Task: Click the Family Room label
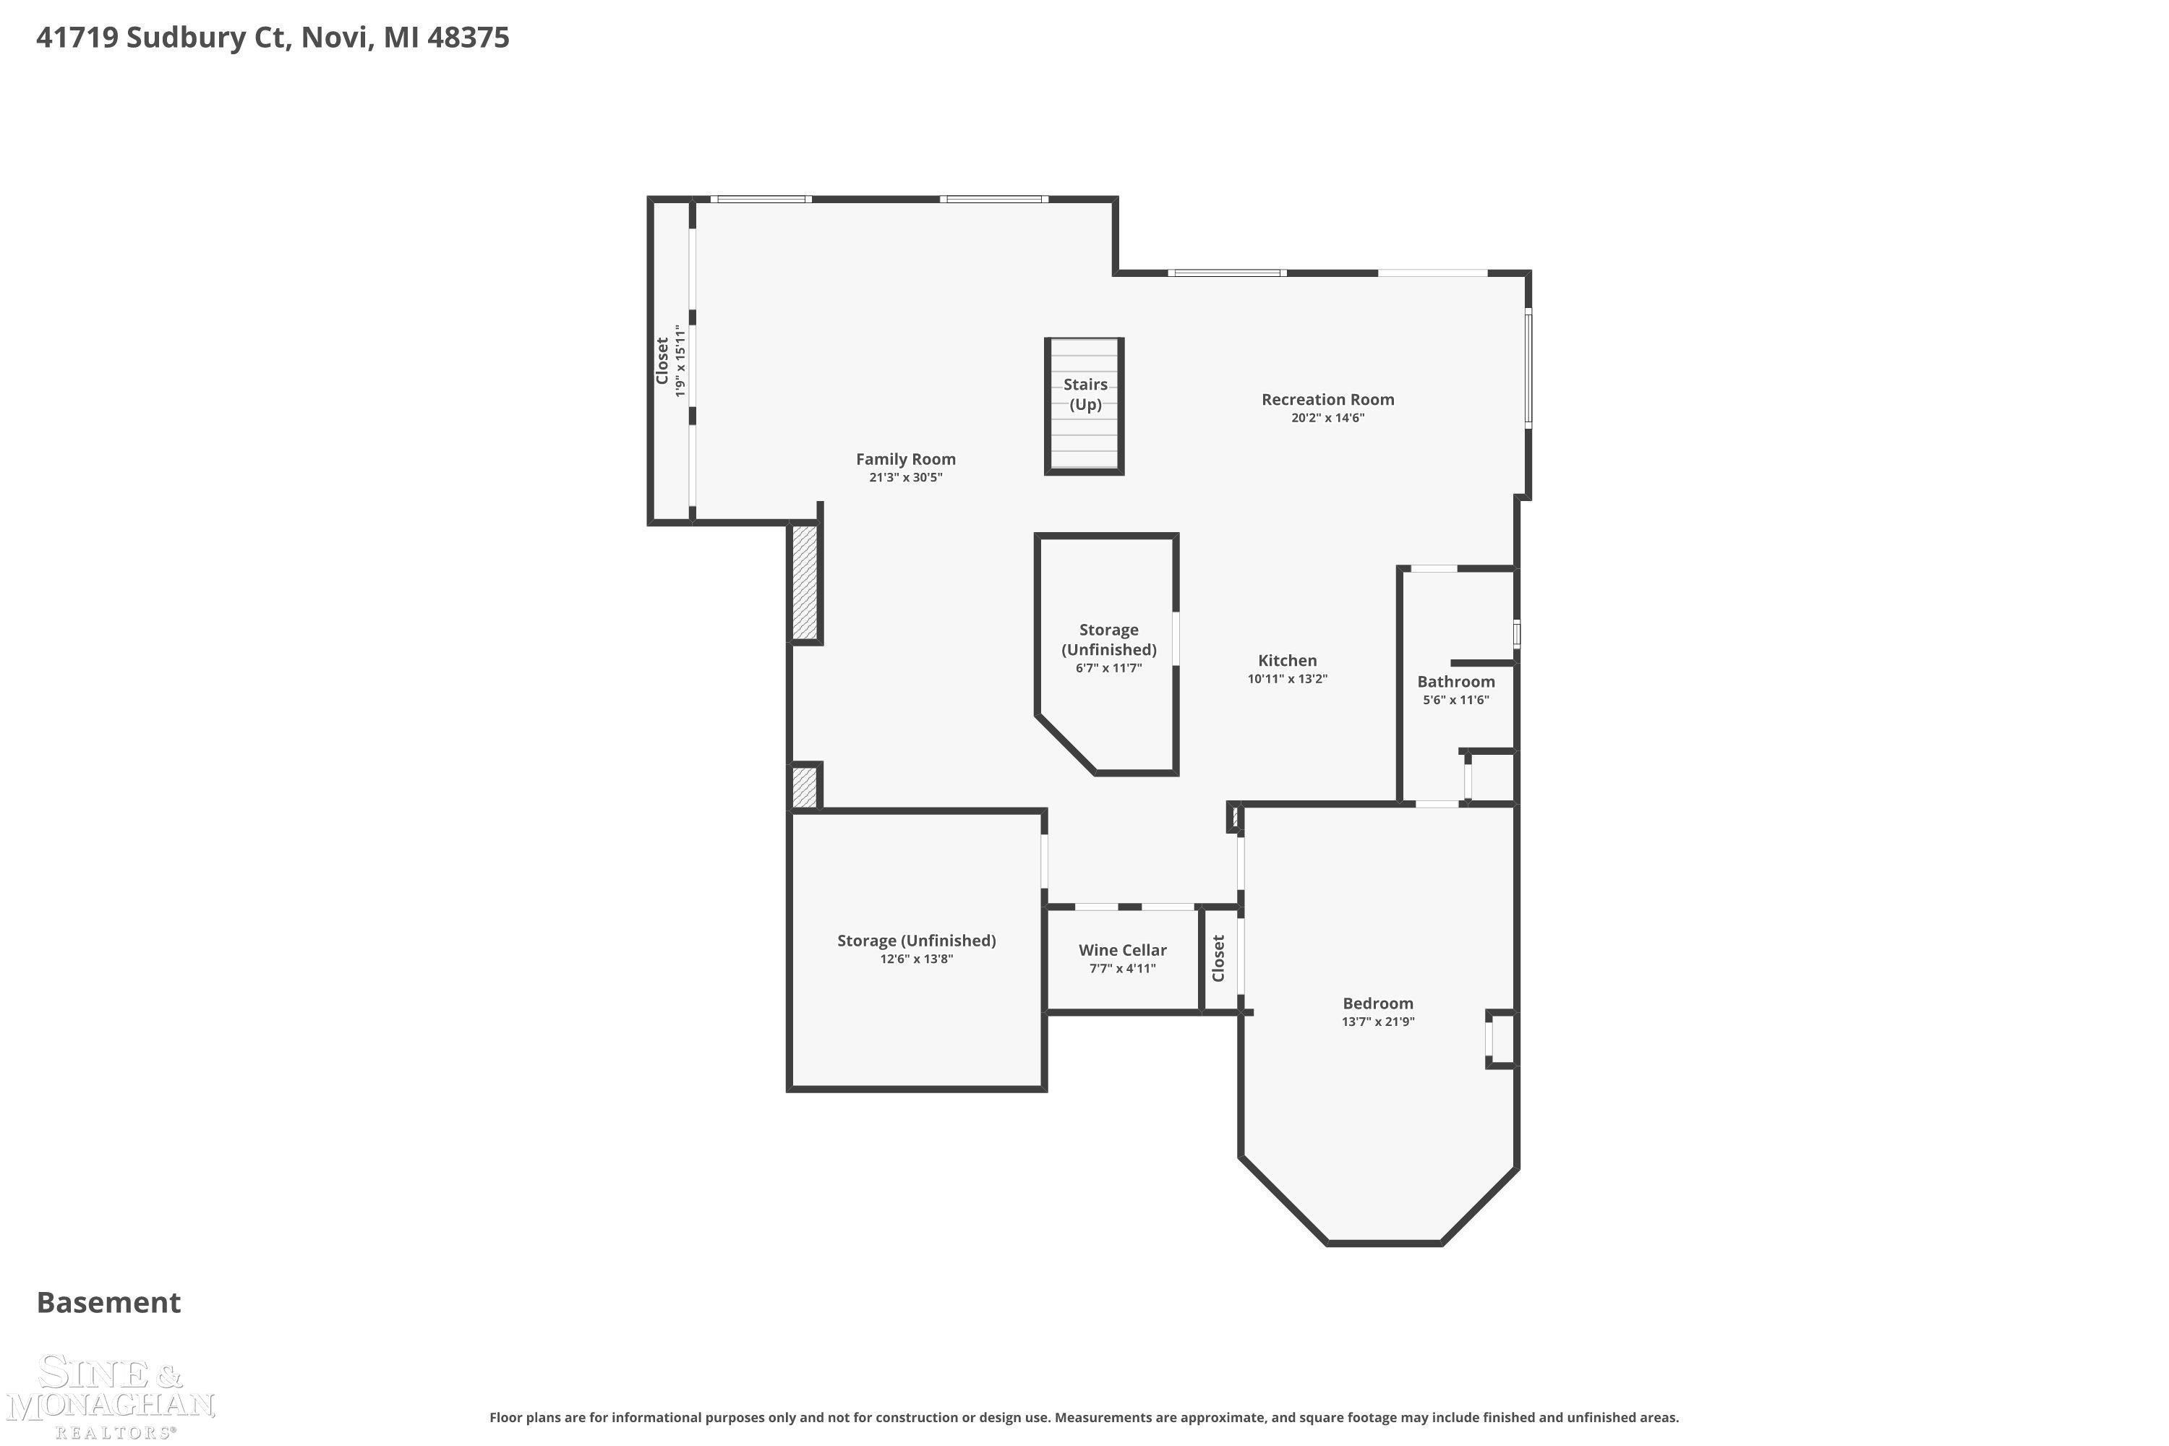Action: (x=906, y=458)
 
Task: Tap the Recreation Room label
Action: (x=1328, y=399)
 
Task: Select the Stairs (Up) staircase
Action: (x=1084, y=406)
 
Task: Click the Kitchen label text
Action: (x=1288, y=660)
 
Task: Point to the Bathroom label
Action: (x=1456, y=682)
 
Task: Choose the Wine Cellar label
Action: (x=1122, y=950)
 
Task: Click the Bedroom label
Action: (x=1378, y=1004)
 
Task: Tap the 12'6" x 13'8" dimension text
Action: (x=917, y=959)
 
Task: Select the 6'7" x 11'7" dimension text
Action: (x=1108, y=667)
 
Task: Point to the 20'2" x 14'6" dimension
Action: (x=1328, y=418)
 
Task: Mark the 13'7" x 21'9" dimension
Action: (x=1378, y=1022)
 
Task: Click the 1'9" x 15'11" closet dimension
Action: (x=680, y=361)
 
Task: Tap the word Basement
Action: (x=109, y=1302)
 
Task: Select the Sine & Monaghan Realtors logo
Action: (x=111, y=1396)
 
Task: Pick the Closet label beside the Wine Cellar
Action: (x=1218, y=958)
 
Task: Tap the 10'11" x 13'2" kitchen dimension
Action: (x=1288, y=679)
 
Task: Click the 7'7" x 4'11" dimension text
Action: (x=1122, y=968)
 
